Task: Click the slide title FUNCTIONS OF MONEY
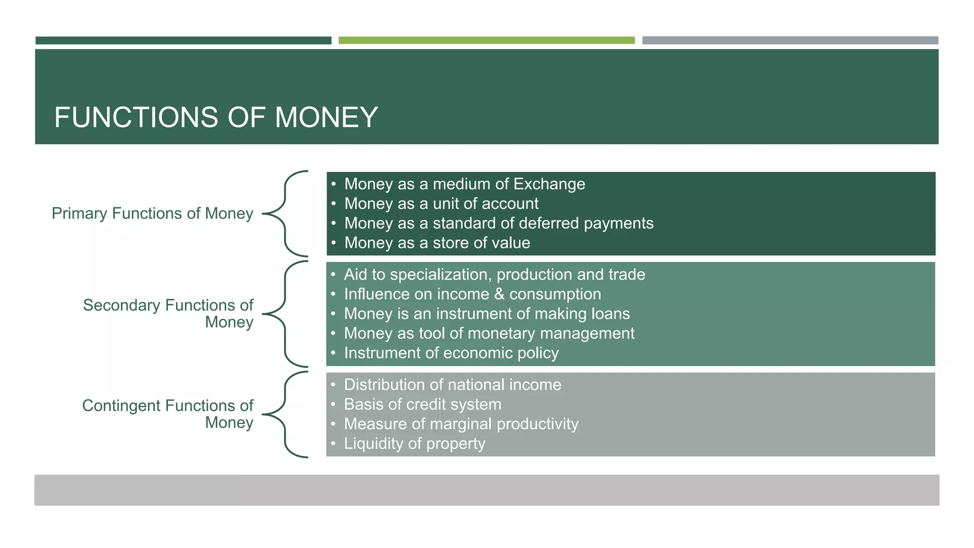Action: [216, 117]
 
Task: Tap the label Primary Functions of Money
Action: [152, 214]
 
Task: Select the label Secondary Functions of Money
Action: [168, 313]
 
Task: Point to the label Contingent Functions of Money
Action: [168, 414]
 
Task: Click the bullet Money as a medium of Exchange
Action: [464, 184]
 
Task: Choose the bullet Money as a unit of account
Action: [441, 204]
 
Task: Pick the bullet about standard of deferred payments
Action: [498, 223]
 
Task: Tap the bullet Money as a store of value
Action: [437, 243]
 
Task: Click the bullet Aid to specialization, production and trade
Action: [494, 274]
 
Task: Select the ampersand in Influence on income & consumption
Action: [499, 294]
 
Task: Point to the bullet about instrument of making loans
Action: [487, 314]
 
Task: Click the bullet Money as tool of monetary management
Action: [489, 333]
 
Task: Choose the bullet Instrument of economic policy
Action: [451, 353]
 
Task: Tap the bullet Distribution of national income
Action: [452, 385]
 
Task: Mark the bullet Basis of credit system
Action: [422, 404]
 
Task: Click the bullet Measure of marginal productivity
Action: [461, 424]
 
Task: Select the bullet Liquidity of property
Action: [414, 444]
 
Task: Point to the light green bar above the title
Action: [486, 40]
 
